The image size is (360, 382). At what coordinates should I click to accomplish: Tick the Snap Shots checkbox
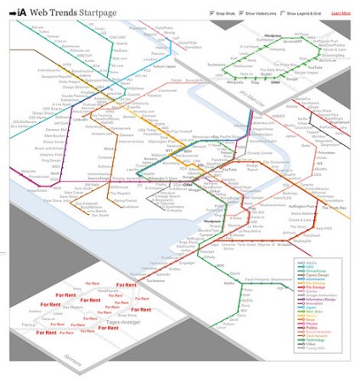211,14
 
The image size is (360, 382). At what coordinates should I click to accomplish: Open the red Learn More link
340,14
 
